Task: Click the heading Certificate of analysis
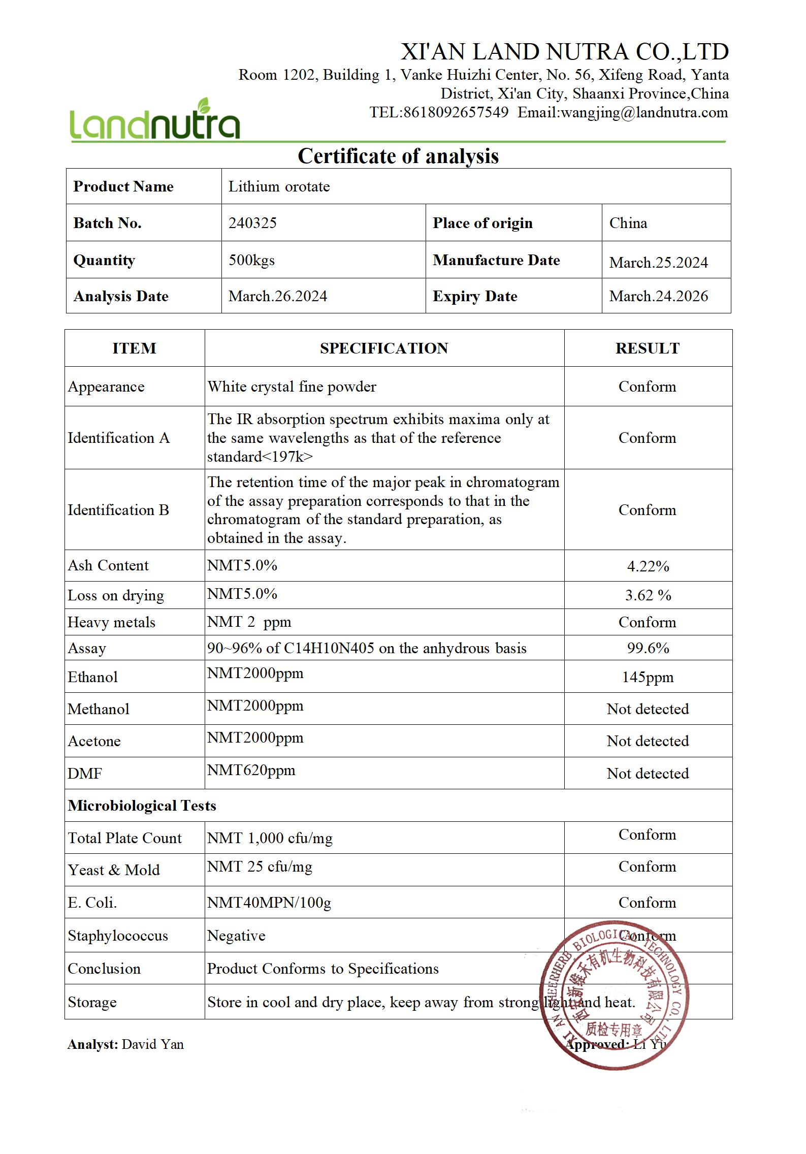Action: [x=398, y=156]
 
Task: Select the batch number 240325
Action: [x=252, y=223]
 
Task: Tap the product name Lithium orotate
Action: [x=279, y=186]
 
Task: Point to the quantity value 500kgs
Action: [x=251, y=260]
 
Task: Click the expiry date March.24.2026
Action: [x=658, y=296]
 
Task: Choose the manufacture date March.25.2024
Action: [x=658, y=263]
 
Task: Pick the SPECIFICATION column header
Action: [x=384, y=348]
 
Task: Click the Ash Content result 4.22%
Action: [x=648, y=566]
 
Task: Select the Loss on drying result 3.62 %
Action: [x=648, y=595]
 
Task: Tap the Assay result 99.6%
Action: [x=648, y=648]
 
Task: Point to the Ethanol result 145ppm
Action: [x=648, y=677]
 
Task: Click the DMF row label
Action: [x=85, y=774]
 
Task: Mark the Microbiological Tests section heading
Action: [x=142, y=806]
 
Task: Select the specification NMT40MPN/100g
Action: [x=269, y=903]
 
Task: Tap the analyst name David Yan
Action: [x=153, y=1044]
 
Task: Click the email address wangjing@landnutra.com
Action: [x=644, y=112]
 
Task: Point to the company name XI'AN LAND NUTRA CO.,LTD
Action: [x=565, y=52]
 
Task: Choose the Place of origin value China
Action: [x=628, y=223]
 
